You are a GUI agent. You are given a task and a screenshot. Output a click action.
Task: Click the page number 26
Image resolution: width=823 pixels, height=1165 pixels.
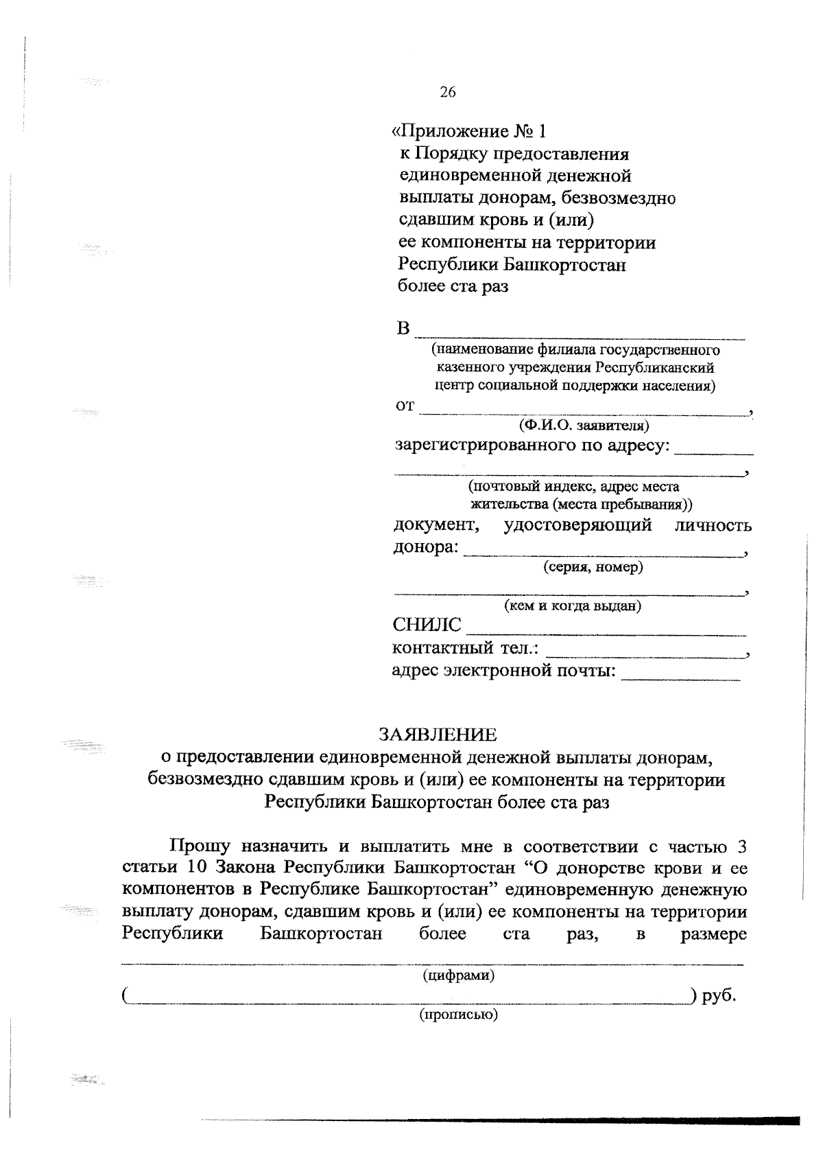coord(447,93)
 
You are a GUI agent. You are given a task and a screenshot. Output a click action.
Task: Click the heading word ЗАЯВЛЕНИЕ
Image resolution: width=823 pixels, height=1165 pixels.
coord(438,735)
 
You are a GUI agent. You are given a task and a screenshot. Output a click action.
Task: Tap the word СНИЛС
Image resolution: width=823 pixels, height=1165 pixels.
coord(426,625)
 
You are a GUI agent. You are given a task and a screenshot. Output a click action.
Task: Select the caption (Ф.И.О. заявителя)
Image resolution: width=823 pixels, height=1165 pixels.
coord(584,426)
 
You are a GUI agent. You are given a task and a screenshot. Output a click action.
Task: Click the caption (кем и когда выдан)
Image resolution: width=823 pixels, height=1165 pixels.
coord(573,606)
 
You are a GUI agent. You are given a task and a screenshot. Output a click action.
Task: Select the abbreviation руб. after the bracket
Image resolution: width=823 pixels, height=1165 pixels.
coord(719,995)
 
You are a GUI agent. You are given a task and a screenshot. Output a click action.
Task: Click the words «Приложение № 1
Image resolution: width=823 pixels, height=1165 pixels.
coord(468,131)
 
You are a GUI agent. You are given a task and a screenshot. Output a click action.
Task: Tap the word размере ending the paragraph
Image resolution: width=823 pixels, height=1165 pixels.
coord(713,934)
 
